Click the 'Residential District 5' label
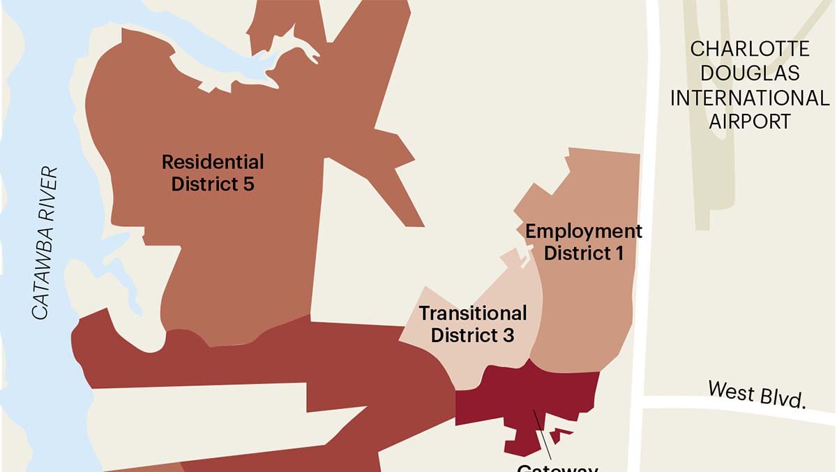pos(213,173)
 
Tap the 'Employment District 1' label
pos(583,242)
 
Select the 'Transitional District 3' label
pos(472,324)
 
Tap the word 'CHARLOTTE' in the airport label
pos(750,50)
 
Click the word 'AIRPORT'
pos(750,121)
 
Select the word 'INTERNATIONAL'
pos(750,98)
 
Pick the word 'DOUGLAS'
pos(750,73)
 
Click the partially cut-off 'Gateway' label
pos(557,467)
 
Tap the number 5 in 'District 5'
pos(248,185)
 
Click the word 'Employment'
pos(583,230)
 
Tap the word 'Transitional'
pos(472,313)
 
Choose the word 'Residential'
pos(213,162)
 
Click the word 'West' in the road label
pos(729,390)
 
